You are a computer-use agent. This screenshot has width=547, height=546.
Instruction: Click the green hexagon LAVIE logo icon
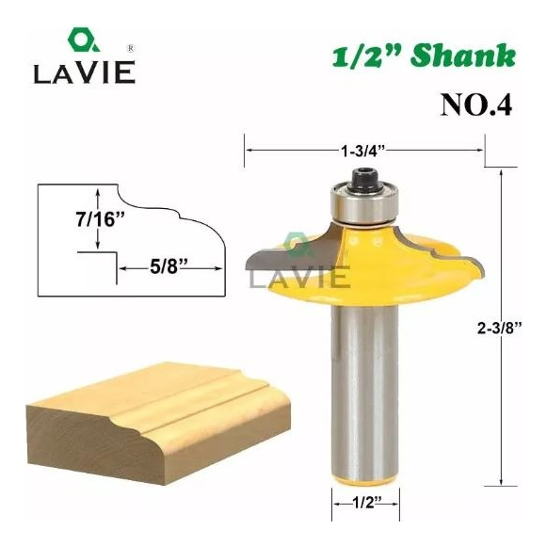click(83, 40)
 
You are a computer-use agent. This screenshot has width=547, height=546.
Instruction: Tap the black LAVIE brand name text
click(85, 72)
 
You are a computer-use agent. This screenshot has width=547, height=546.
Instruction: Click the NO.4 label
click(476, 105)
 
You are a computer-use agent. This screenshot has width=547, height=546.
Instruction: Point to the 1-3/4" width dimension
click(363, 151)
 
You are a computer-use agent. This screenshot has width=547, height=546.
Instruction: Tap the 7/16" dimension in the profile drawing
click(100, 219)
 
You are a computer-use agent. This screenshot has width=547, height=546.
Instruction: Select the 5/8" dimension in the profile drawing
click(169, 267)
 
